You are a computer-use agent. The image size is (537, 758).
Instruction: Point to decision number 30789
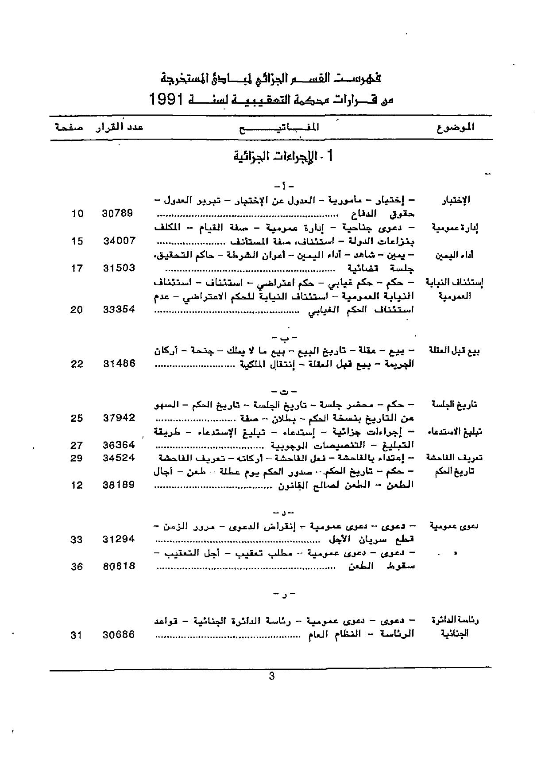[117, 213]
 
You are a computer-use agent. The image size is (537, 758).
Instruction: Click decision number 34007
[120, 241]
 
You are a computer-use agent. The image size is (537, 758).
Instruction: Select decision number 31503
[119, 268]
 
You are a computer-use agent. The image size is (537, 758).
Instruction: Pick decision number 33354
[119, 310]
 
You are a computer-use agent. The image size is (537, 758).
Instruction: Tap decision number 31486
[119, 364]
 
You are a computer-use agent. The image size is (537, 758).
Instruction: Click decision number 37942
[119, 418]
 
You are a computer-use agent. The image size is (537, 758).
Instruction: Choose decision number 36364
[119, 445]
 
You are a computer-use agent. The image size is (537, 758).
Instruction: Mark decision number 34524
[119, 458]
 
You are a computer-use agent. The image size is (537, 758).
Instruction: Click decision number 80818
[119, 566]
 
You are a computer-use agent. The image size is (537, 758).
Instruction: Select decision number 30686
[119, 635]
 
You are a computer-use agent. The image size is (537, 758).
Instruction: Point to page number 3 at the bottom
[272, 676]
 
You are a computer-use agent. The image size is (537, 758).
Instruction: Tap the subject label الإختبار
[456, 200]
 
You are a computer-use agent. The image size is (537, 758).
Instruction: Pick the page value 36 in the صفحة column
[77, 566]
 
